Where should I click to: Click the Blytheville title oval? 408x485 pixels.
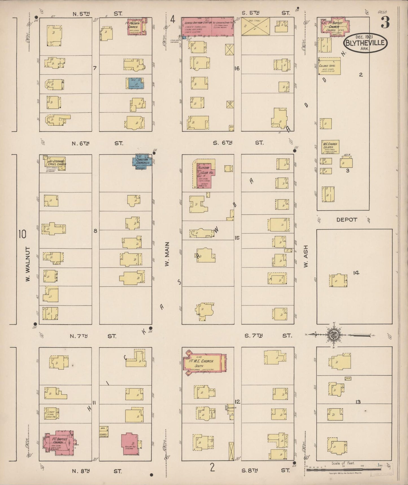(365, 43)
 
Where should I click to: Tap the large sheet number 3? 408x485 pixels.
(385, 22)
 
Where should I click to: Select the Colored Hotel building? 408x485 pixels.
(329, 67)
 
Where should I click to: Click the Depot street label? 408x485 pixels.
(346, 220)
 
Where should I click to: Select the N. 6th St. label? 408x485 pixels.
(97, 143)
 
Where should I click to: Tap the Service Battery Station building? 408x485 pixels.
(197, 26)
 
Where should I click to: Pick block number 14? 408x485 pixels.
(356, 273)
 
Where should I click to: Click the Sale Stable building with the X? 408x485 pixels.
(255, 27)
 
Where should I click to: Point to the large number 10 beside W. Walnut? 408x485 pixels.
(22, 234)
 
